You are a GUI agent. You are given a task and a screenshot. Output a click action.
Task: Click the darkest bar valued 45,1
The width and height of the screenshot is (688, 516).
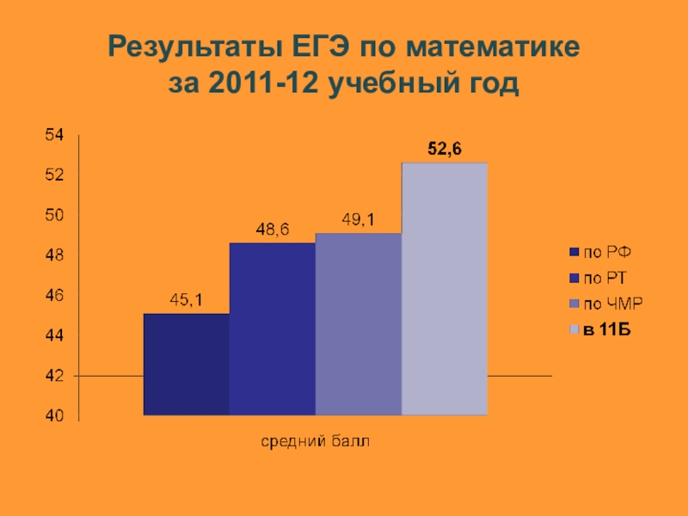pyautogui.click(x=186, y=365)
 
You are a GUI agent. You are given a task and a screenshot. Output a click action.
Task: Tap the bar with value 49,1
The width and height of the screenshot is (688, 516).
pyautogui.click(x=358, y=324)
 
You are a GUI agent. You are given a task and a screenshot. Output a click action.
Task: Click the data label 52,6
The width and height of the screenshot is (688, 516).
pyautogui.click(x=445, y=150)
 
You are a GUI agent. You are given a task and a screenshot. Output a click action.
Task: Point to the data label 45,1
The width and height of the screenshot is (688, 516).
pyautogui.click(x=186, y=300)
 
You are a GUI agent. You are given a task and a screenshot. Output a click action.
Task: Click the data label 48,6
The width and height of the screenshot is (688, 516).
pyautogui.click(x=272, y=230)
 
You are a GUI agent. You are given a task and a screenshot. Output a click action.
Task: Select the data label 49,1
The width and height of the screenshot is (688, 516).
pyautogui.click(x=358, y=220)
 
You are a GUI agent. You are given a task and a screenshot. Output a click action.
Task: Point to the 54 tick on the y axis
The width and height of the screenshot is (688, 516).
pyautogui.click(x=55, y=135)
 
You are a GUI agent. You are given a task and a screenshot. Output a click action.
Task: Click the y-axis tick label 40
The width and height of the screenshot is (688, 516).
pyautogui.click(x=55, y=416)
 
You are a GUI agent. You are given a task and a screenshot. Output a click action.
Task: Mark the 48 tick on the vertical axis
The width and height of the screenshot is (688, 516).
pyautogui.click(x=55, y=255)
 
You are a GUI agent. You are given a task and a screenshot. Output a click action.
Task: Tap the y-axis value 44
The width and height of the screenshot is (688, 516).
pyautogui.click(x=55, y=335)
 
